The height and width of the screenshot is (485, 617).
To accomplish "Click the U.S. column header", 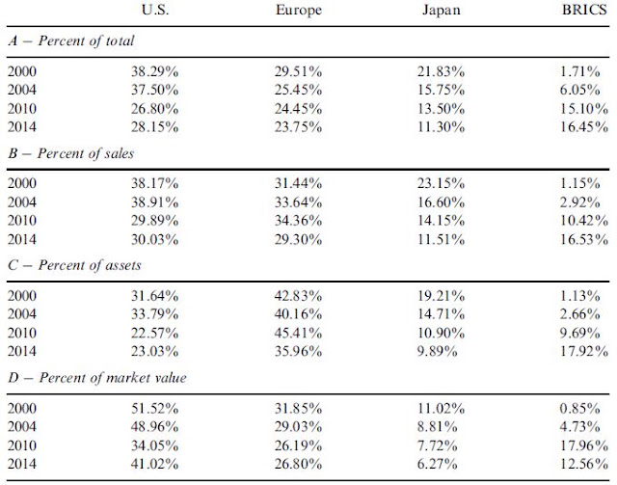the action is coord(155,10).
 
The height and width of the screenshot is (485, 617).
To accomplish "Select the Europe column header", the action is coord(299,10).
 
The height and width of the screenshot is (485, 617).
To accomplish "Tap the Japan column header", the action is coord(442,10).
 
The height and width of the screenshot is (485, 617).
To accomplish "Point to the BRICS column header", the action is coord(584,10).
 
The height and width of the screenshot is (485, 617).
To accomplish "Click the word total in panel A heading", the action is coord(120,40).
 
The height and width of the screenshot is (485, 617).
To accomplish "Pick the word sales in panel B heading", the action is coord(120,153).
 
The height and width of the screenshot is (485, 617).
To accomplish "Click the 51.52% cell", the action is coord(154,408).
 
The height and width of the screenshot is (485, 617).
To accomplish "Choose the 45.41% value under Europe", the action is coord(298,333).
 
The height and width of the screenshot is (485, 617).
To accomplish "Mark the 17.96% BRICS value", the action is coord(584,445).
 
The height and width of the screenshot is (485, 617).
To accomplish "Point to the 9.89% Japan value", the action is coord(437,351).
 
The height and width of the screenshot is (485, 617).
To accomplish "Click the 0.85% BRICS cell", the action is coord(580,408).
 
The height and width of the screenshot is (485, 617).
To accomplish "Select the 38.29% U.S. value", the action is coord(154,71).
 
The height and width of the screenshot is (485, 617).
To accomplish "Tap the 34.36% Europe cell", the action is coord(298,221).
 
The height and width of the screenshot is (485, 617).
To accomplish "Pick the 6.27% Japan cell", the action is coord(437,464).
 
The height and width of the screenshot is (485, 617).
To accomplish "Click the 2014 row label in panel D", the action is coord(21,464).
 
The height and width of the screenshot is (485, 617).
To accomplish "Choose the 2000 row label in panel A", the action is coord(21,71).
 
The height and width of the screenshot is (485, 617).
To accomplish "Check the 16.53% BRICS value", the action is coord(584,239).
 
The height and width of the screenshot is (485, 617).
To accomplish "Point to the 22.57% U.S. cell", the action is coord(154,333).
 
